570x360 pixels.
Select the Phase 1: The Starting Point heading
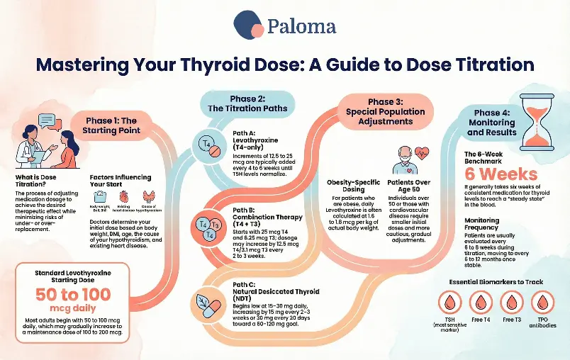pyautogui.click(x=114, y=125)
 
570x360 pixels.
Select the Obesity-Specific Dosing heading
pyautogui.click(x=345, y=186)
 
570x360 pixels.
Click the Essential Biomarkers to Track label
pyautogui.click(x=496, y=282)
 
